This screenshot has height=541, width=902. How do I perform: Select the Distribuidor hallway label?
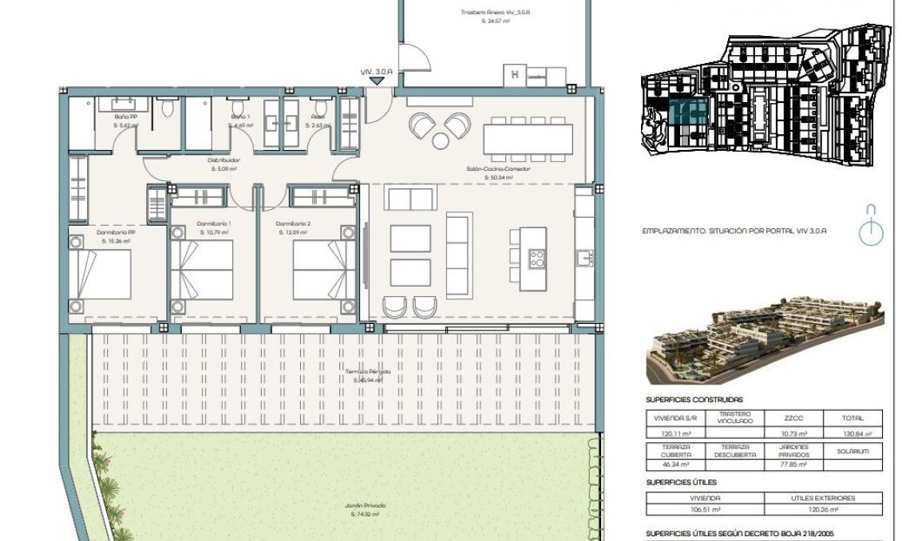point(225,164)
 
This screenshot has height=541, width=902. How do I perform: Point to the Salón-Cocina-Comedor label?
point(498,172)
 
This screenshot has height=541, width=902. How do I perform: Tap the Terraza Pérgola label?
point(368,376)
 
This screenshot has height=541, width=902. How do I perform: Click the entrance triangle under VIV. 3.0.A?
point(377,80)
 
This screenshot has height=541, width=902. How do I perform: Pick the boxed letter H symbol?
point(515,77)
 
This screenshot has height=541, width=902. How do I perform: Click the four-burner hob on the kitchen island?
point(537,258)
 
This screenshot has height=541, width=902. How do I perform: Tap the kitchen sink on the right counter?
point(584,257)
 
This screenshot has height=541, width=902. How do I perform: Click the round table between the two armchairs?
point(440,141)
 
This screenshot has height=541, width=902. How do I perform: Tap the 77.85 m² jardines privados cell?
point(792,464)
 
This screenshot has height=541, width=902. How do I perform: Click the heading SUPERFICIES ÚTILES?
point(681,482)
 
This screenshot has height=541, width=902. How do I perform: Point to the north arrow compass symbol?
point(871,224)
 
